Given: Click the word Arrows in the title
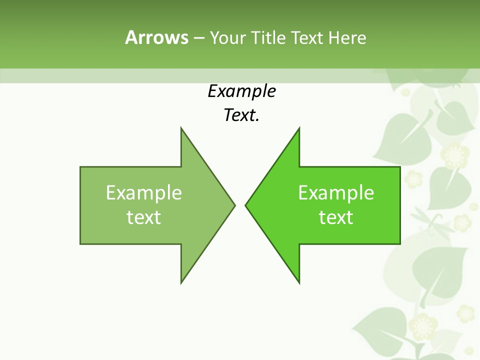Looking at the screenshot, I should click(x=156, y=37).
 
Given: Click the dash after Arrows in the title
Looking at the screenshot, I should click(x=198, y=38).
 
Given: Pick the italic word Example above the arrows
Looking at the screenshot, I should click(x=242, y=91).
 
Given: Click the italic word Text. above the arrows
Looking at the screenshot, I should click(x=242, y=115).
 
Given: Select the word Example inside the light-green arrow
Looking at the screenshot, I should click(x=144, y=193).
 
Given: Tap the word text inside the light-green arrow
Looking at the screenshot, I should click(x=144, y=217).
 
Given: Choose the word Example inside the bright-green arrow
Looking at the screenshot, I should click(x=336, y=193).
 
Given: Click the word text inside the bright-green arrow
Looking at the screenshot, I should click(x=336, y=217).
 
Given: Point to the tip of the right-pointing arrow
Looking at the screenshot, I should click(x=235, y=205).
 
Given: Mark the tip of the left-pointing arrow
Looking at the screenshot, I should click(x=245, y=205).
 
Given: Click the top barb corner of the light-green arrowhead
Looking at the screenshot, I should click(x=181, y=127).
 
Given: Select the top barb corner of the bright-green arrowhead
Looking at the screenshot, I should click(x=299, y=127).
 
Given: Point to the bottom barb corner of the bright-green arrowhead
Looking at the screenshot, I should click(x=299, y=283).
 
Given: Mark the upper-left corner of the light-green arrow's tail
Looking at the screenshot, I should click(x=80, y=167).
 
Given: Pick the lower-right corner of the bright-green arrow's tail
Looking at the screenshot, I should click(x=400, y=244).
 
